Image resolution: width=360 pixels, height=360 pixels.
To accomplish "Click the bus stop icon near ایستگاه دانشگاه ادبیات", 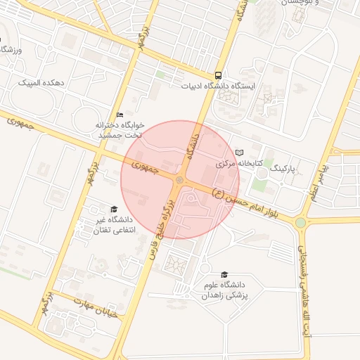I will click(218, 75).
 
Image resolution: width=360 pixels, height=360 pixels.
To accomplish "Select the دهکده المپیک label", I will click(44, 83).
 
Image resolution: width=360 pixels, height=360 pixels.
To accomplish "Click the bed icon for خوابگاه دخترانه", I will click(120, 114).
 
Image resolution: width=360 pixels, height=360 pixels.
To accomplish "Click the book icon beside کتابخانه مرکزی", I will click(240, 152).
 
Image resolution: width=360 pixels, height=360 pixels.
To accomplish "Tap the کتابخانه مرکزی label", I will click(239, 163).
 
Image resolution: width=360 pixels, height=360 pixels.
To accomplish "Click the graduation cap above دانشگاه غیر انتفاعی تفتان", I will click(113, 209).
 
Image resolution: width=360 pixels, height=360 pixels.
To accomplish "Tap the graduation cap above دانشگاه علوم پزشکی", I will click(224, 275).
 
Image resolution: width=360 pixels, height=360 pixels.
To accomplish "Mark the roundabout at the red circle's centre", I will click(180, 180).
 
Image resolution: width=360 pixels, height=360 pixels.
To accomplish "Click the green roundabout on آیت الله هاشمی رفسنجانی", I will click(301, 223).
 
